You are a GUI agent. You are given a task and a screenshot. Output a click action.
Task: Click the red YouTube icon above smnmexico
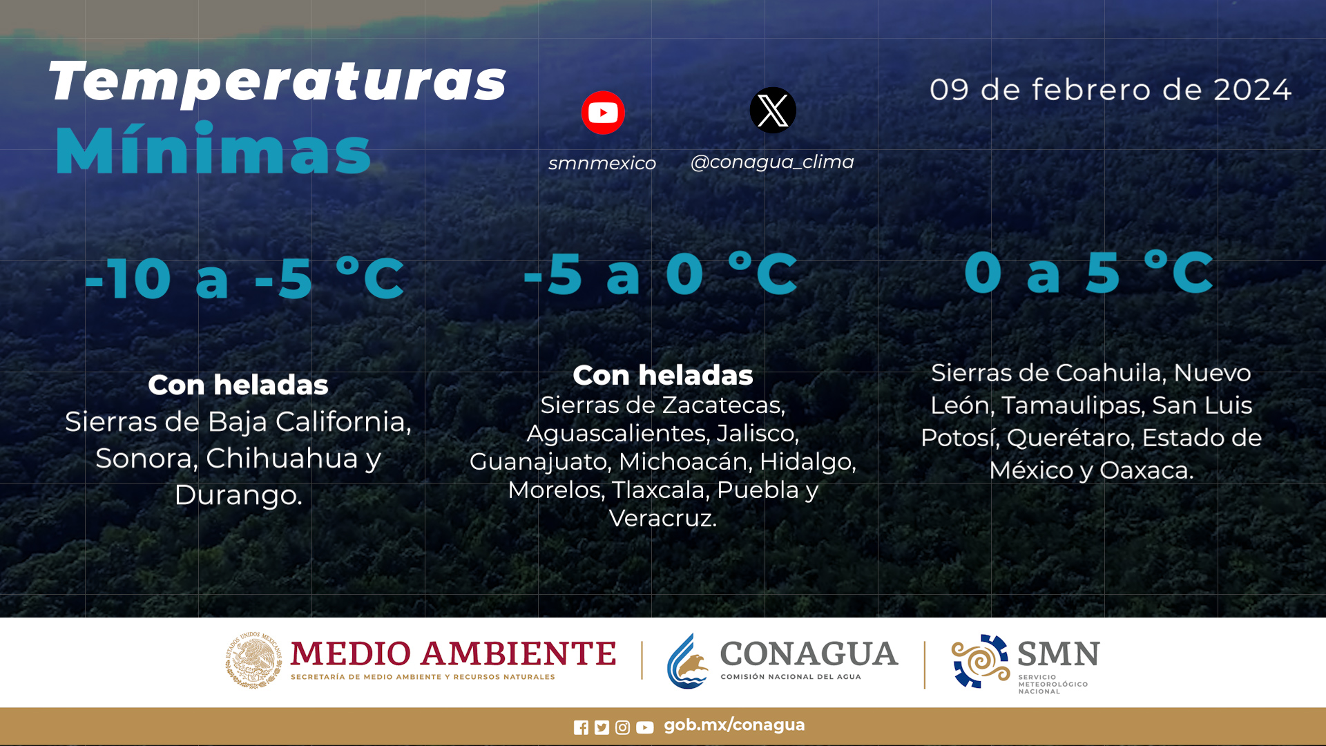point(603,113)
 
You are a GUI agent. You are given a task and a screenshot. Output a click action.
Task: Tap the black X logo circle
point(773,110)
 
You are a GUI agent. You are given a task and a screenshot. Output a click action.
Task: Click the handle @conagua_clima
point(772,162)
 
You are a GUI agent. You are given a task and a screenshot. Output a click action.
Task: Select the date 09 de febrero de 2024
point(1110,90)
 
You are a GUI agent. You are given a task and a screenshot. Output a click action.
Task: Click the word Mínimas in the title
point(213,149)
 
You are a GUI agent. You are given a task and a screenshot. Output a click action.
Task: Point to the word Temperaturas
point(278,82)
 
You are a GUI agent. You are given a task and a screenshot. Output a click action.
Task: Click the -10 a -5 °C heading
point(244,278)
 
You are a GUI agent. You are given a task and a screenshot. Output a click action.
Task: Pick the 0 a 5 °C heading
point(1088,272)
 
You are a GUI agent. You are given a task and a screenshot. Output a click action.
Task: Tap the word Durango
point(238,495)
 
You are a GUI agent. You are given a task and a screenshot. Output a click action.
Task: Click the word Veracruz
point(662,518)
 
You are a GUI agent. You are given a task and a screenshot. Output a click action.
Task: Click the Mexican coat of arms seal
point(253,660)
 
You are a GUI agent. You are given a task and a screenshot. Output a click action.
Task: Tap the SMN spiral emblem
point(980,661)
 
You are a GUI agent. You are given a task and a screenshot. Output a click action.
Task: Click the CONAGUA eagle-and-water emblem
point(688,661)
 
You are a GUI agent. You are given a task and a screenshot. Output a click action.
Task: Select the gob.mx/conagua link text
point(734,725)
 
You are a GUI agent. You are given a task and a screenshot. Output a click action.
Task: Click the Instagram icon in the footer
point(622,727)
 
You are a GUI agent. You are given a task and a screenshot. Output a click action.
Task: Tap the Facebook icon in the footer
point(581,727)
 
